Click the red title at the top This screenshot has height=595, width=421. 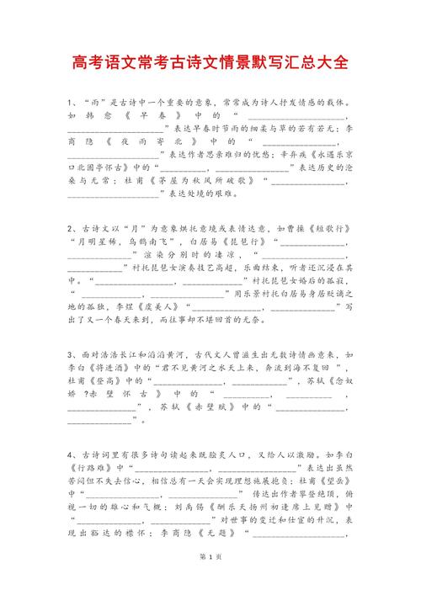click(210, 63)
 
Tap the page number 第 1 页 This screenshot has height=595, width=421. click(210, 580)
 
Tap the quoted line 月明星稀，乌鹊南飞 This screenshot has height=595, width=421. click(109, 242)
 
